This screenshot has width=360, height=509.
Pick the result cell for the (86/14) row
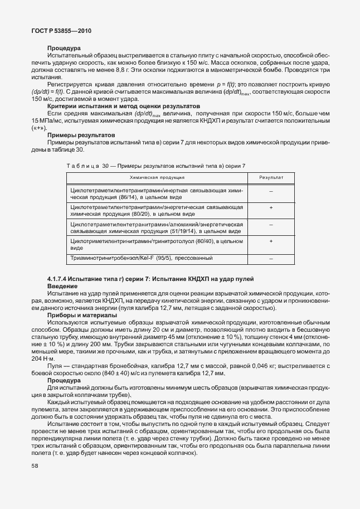pos(271,191)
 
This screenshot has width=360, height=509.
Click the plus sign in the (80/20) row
pos(271,207)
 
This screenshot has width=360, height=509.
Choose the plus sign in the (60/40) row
pos(271,241)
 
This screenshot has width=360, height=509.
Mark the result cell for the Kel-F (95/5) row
pos(271,259)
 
